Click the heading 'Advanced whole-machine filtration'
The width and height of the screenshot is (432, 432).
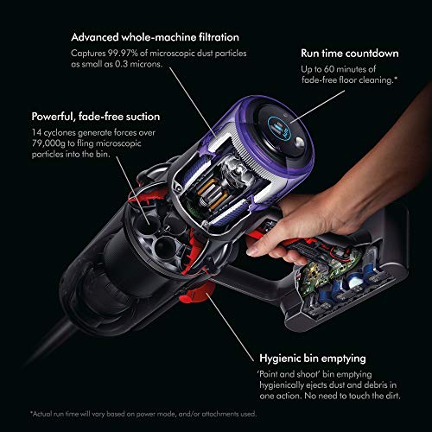pyautogui.click(x=156, y=38)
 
